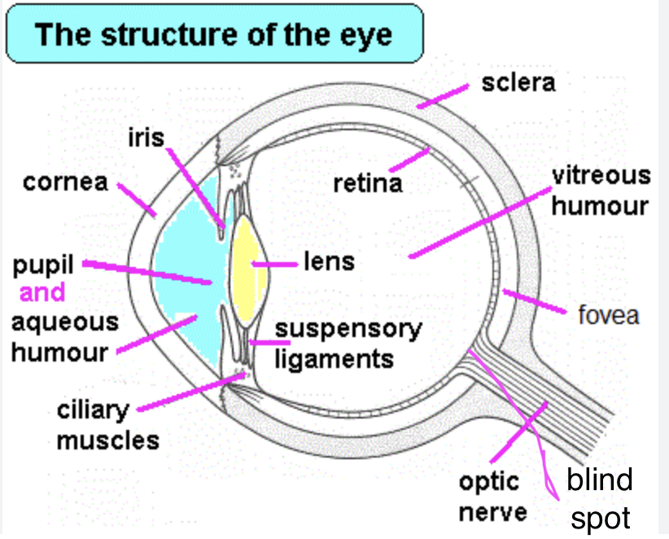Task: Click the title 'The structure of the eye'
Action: (212, 35)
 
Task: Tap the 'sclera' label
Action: (518, 83)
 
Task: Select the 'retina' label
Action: (368, 183)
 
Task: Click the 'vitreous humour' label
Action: (601, 191)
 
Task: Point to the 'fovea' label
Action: (608, 314)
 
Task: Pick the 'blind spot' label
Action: (599, 498)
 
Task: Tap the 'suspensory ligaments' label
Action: (348, 344)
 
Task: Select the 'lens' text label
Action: (329, 261)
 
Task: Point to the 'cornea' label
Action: (65, 182)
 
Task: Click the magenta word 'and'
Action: (42, 293)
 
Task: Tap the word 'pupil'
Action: (43, 266)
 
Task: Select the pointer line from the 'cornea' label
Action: (136, 199)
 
